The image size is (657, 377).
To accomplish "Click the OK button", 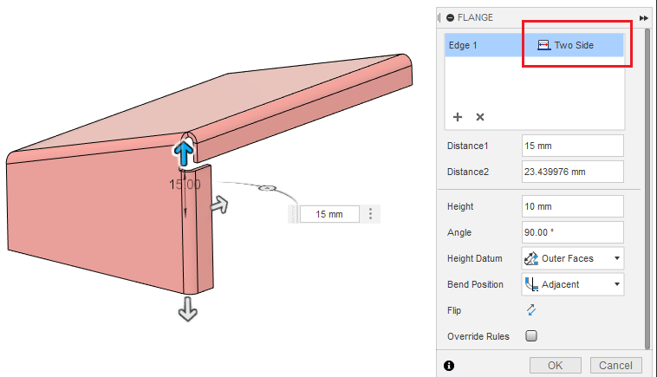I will (x=555, y=365).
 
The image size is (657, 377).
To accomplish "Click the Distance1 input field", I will (x=572, y=146).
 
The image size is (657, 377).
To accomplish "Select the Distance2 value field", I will (x=572, y=172).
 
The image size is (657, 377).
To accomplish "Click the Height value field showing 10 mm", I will (x=572, y=206).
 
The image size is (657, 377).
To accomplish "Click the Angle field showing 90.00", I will (x=572, y=232).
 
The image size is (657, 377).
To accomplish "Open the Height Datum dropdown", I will (x=572, y=258).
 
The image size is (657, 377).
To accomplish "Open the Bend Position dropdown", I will (x=572, y=283).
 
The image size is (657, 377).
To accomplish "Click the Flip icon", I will (x=531, y=309).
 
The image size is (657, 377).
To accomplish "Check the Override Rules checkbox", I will (x=531, y=335).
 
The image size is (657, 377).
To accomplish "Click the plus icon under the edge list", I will (x=458, y=117).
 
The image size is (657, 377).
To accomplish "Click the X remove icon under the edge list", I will (x=480, y=117).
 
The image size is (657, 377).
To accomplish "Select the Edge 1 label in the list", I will (x=463, y=45).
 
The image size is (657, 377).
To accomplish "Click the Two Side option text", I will (x=574, y=45).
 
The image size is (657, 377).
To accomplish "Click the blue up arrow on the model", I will (x=183, y=153).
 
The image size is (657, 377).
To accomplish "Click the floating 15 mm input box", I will (x=329, y=214).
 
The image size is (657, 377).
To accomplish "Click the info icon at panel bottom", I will (x=449, y=366).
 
